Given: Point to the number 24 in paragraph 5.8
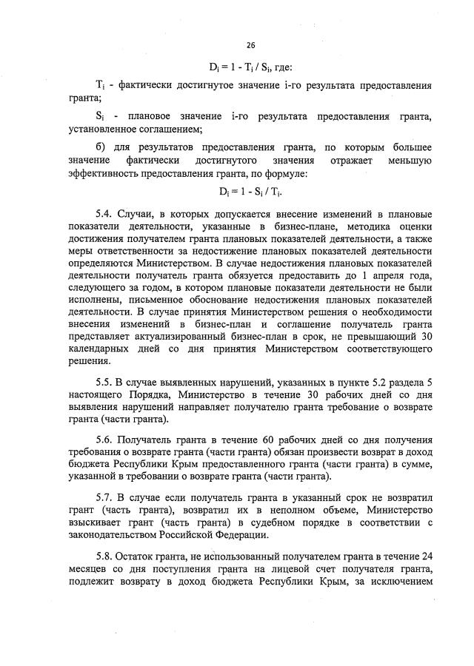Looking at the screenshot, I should [425, 555].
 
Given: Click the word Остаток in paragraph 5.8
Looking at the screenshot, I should [141, 555].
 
